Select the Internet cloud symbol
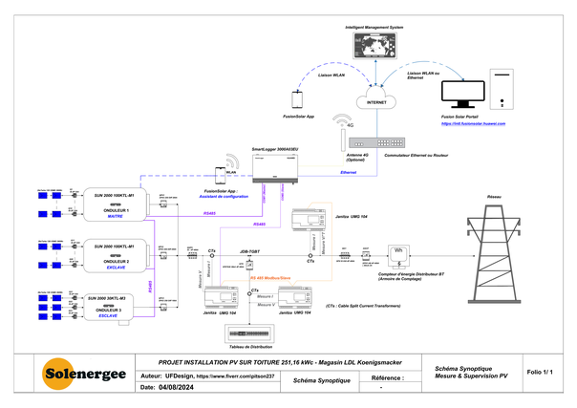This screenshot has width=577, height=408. [376, 98]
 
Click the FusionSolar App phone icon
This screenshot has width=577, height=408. [297, 98]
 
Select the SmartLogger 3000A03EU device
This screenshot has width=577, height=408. [276, 169]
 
